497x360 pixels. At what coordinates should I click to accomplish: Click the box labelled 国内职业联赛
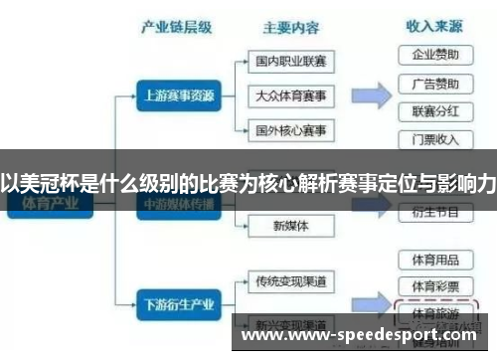(290, 61)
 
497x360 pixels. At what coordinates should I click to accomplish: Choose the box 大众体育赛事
(290, 95)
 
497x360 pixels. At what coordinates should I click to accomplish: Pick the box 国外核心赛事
(290, 130)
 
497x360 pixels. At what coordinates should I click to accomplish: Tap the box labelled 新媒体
(290, 226)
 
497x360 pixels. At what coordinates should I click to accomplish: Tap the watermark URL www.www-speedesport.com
(363, 335)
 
